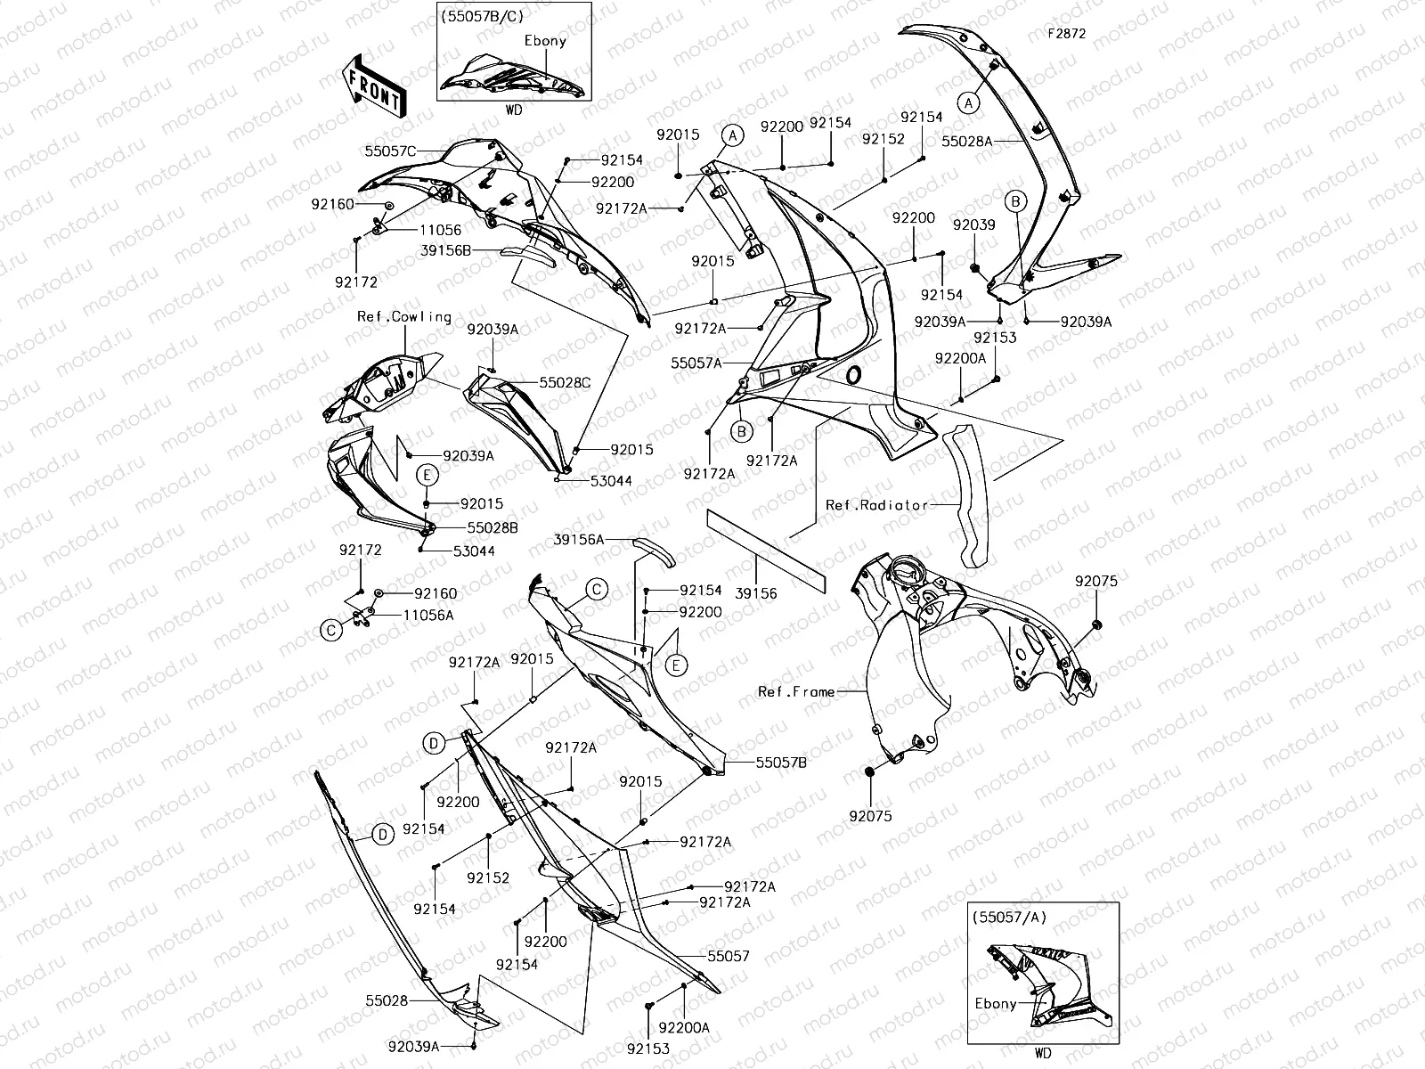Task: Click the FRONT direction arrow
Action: pyautogui.click(x=374, y=86)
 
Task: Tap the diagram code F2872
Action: pyautogui.click(x=1066, y=35)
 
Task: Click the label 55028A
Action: pyautogui.click(x=966, y=141)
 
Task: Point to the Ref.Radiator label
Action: pyautogui.click(x=864, y=505)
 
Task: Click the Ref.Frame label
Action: pyautogui.click(x=796, y=691)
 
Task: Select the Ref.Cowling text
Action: pyautogui.click(x=404, y=317)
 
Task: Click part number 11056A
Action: pyautogui.click(x=428, y=615)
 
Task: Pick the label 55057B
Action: pyautogui.click(x=781, y=763)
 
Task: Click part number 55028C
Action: pyautogui.click(x=564, y=383)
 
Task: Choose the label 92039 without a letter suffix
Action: pyautogui.click(x=973, y=225)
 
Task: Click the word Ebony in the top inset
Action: pyautogui.click(x=544, y=41)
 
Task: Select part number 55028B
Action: pyautogui.click(x=492, y=527)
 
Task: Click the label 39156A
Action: pyautogui.click(x=578, y=540)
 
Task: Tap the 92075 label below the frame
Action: pyautogui.click(x=869, y=816)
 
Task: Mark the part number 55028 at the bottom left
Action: pyautogui.click(x=386, y=1000)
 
